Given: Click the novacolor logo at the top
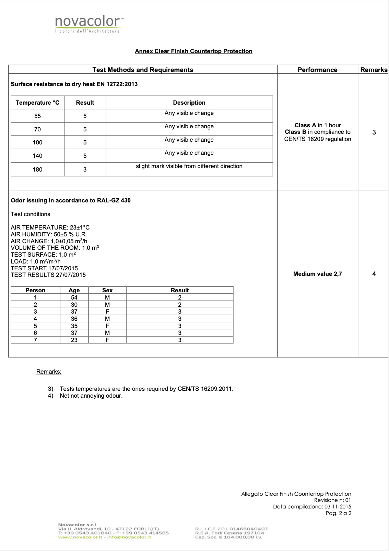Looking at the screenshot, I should click(89, 24).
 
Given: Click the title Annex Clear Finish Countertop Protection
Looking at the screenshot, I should click(193, 51).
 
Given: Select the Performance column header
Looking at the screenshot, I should click(317, 70).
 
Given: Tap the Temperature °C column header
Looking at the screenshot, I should click(37, 103).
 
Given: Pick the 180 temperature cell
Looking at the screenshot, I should click(37, 169).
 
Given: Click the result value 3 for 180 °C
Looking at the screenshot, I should click(85, 169).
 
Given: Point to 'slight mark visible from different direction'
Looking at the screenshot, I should click(189, 166).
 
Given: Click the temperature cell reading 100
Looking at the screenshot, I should click(37, 142).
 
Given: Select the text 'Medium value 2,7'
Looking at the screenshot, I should click(317, 274).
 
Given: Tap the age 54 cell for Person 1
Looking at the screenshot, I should click(74, 297).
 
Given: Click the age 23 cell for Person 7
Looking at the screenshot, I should click(74, 340).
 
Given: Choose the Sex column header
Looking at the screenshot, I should click(107, 290).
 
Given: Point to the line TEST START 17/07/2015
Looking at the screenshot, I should click(44, 268).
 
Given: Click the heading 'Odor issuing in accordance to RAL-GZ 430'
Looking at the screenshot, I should click(71, 200).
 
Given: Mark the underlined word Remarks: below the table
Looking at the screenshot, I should click(49, 372).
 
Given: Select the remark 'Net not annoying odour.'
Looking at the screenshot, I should click(91, 396).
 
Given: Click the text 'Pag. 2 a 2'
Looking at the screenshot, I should click(338, 513).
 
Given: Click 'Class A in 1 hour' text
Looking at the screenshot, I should click(318, 125).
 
